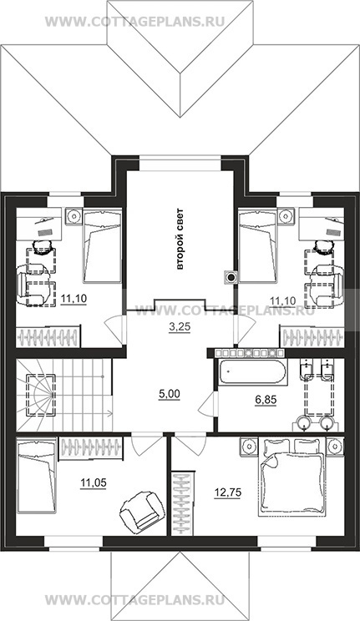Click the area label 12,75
pos(227,492)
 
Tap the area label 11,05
pos(94,482)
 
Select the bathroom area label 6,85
pos(266,400)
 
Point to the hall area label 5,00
pos(169,394)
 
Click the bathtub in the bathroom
pos(251,372)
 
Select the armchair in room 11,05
pos(140,509)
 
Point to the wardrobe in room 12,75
pos(184,503)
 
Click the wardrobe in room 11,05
pos(90,448)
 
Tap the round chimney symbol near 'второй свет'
pos(231,277)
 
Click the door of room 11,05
pos(146,446)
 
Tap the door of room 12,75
pos(190,446)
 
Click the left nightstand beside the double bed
pos(249,446)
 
